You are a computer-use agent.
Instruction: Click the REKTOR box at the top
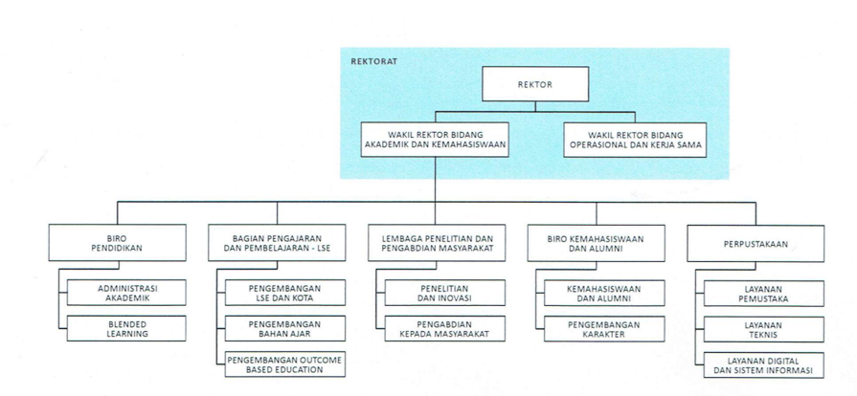(535, 84)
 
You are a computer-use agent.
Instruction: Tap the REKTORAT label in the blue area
(373, 61)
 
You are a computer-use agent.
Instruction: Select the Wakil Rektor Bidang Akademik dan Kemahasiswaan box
(435, 140)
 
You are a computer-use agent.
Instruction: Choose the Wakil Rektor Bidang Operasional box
(635, 140)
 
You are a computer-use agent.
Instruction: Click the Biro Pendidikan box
(117, 243)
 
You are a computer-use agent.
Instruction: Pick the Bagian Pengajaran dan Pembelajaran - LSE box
(277, 243)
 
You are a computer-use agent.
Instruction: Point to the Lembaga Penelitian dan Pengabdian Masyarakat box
(437, 243)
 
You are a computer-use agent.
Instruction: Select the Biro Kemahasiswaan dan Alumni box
(597, 243)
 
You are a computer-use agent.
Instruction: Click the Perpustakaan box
(756, 244)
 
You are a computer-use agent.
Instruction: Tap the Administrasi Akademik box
(126, 293)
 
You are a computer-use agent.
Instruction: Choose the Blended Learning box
(126, 328)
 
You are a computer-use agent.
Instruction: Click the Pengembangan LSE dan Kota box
(285, 293)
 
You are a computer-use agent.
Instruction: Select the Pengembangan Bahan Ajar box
(285, 328)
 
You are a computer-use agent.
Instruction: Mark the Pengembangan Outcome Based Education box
(285, 364)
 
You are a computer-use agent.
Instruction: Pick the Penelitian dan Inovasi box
(445, 293)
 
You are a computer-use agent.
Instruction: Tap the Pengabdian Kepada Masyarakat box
(445, 328)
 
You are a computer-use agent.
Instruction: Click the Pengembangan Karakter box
(604, 329)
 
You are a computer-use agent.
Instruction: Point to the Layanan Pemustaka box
(764, 294)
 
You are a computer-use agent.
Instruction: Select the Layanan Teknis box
(764, 329)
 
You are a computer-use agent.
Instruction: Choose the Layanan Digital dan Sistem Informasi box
(764, 364)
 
